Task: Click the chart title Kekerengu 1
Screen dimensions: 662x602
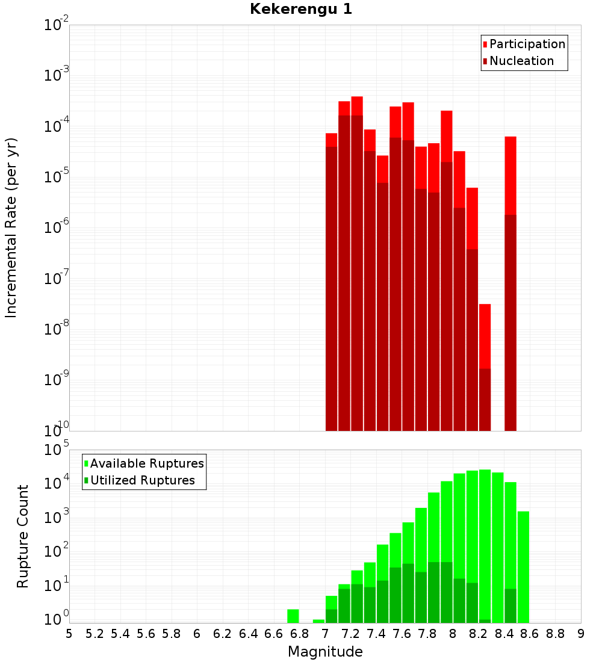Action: (301, 9)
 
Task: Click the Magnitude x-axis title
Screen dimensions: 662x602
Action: (325, 652)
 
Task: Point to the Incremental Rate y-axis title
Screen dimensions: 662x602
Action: (11, 227)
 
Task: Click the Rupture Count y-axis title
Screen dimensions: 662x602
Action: (23, 536)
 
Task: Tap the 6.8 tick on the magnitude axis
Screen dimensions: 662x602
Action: (299, 634)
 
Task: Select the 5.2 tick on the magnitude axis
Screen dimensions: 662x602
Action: (95, 634)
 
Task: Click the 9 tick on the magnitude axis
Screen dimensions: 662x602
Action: (580, 634)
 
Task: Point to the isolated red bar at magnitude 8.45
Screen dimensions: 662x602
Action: (510, 283)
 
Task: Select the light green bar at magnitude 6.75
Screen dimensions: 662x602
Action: (293, 616)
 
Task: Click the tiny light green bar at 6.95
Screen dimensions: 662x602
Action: (318, 621)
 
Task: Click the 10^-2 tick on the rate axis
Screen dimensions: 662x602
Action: (57, 25)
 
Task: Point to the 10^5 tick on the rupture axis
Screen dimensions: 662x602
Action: (57, 450)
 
